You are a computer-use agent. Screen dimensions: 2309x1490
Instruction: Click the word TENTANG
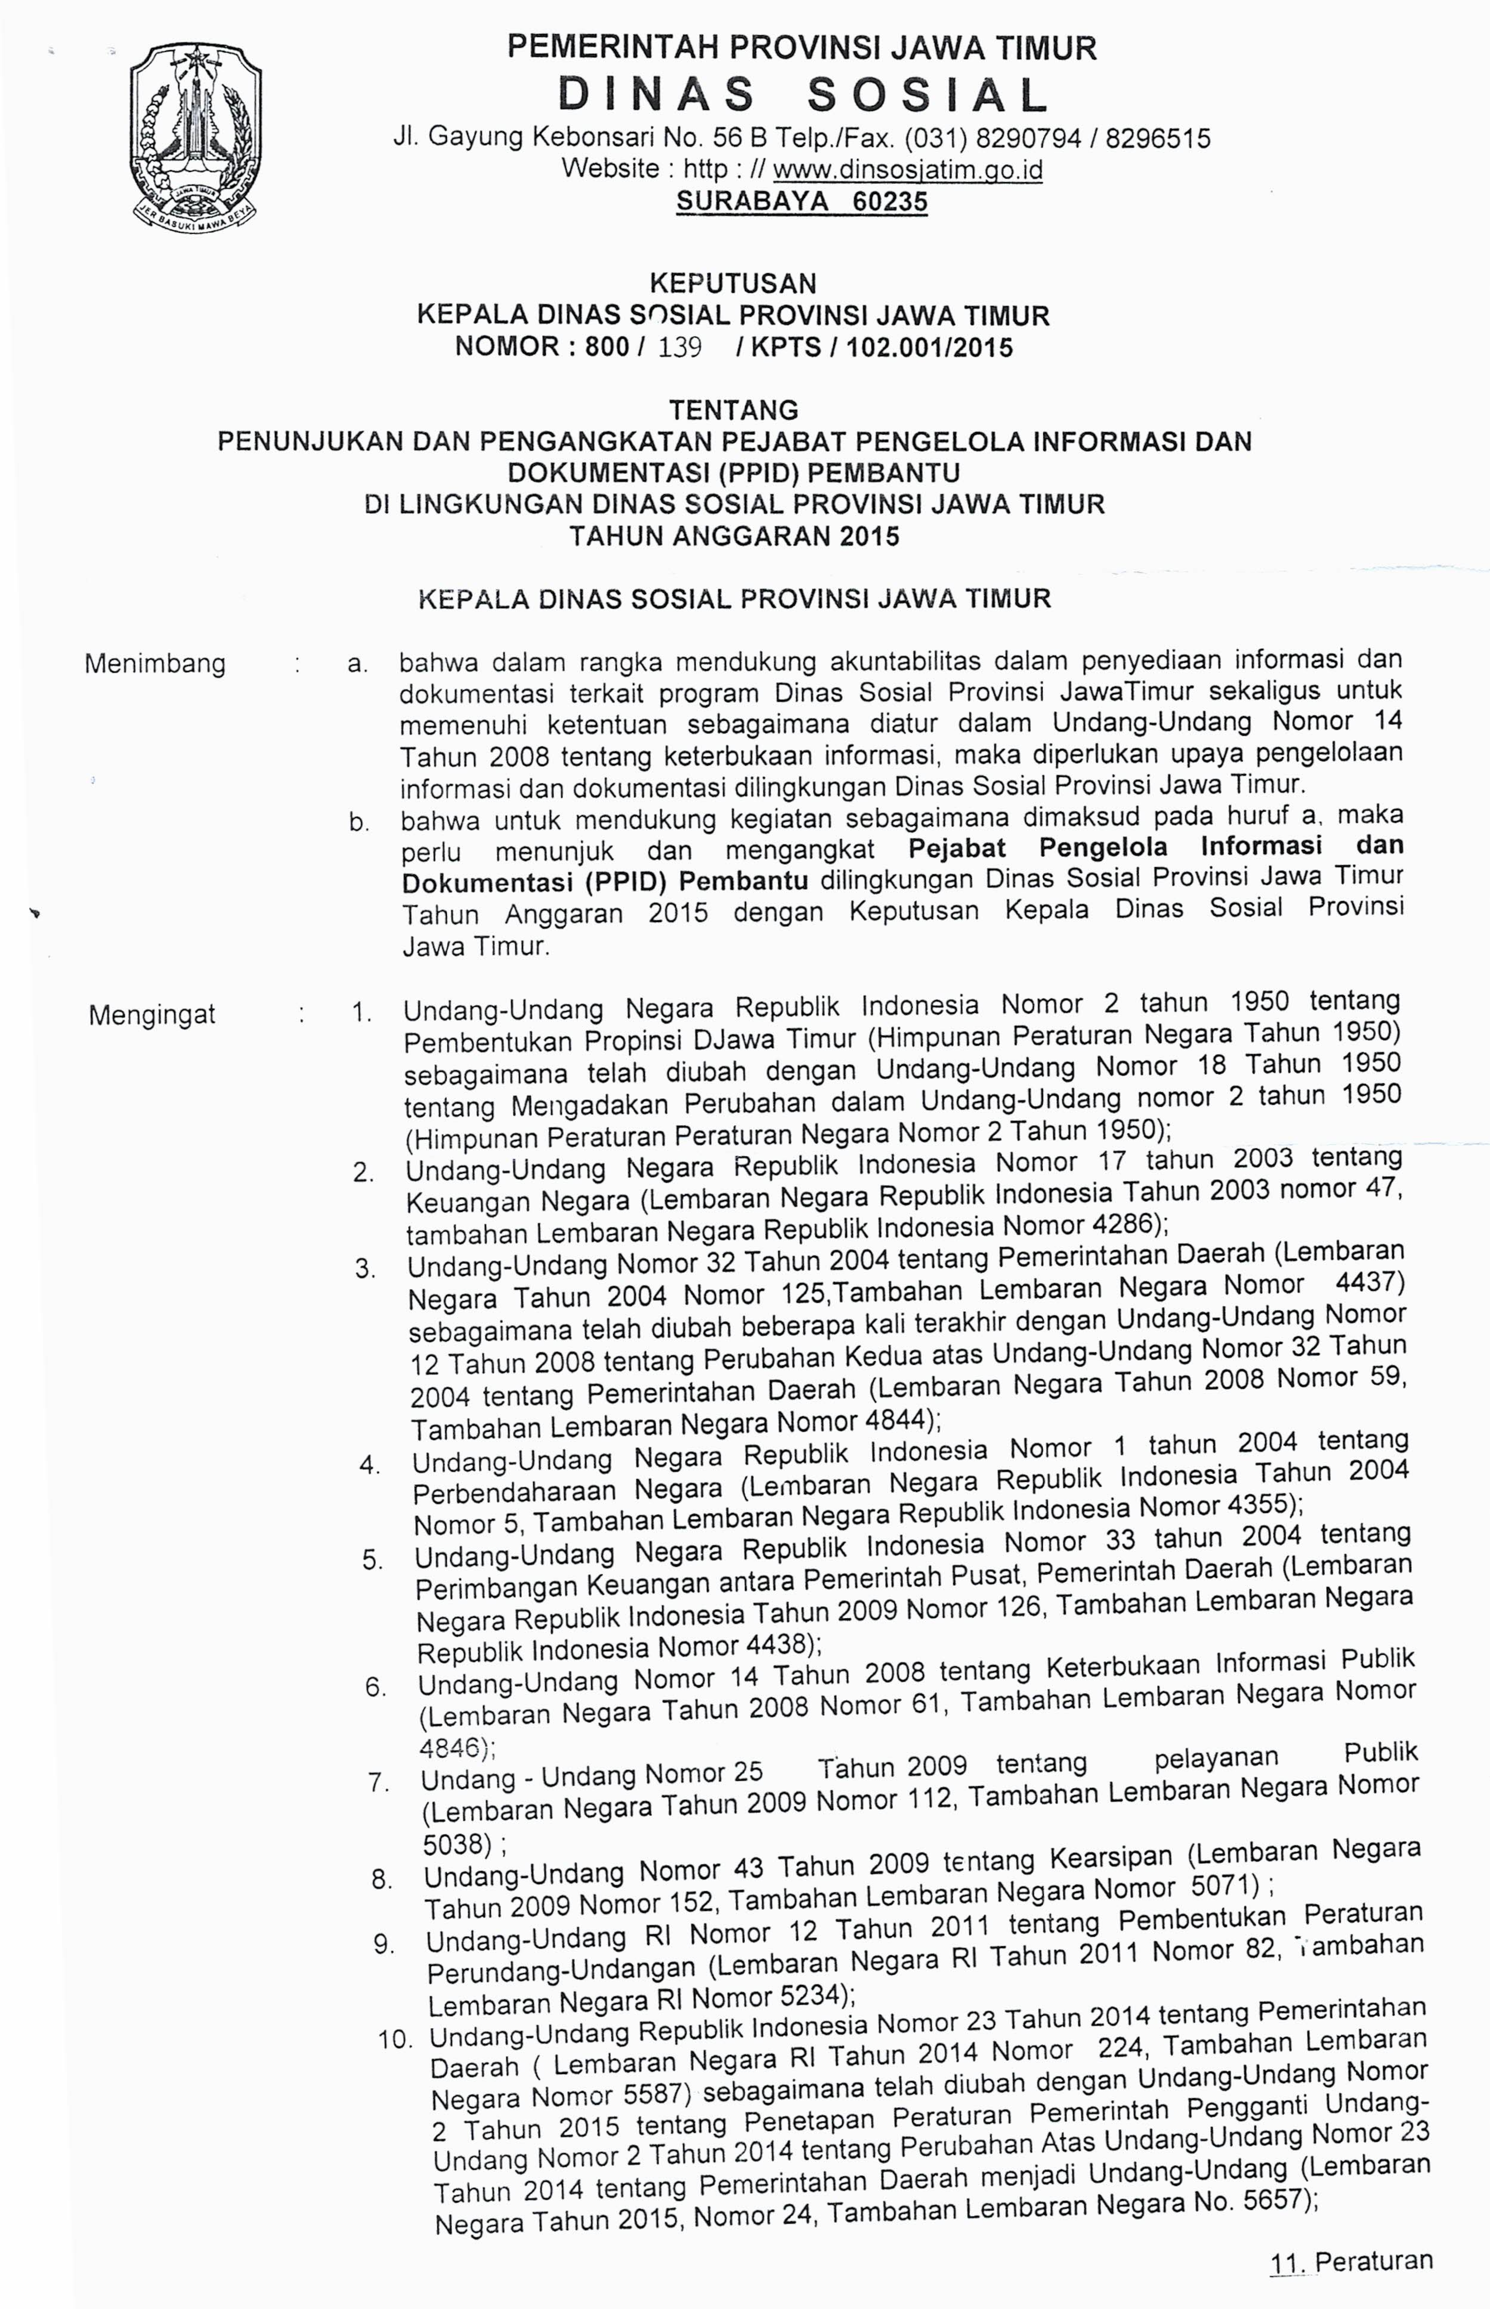point(734,410)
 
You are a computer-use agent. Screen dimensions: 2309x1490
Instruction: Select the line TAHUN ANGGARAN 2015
point(734,536)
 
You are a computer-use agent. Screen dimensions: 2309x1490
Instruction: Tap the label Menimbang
point(155,664)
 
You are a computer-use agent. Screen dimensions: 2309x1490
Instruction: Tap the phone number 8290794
point(1028,138)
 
